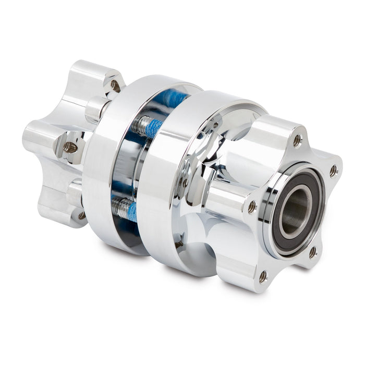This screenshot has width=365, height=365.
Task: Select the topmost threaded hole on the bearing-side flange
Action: click(297, 140)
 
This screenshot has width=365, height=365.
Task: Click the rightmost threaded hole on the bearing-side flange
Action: click(333, 171)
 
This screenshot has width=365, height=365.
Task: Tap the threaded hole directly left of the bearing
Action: click(252, 206)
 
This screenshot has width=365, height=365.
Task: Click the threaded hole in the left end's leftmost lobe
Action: click(70, 148)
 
